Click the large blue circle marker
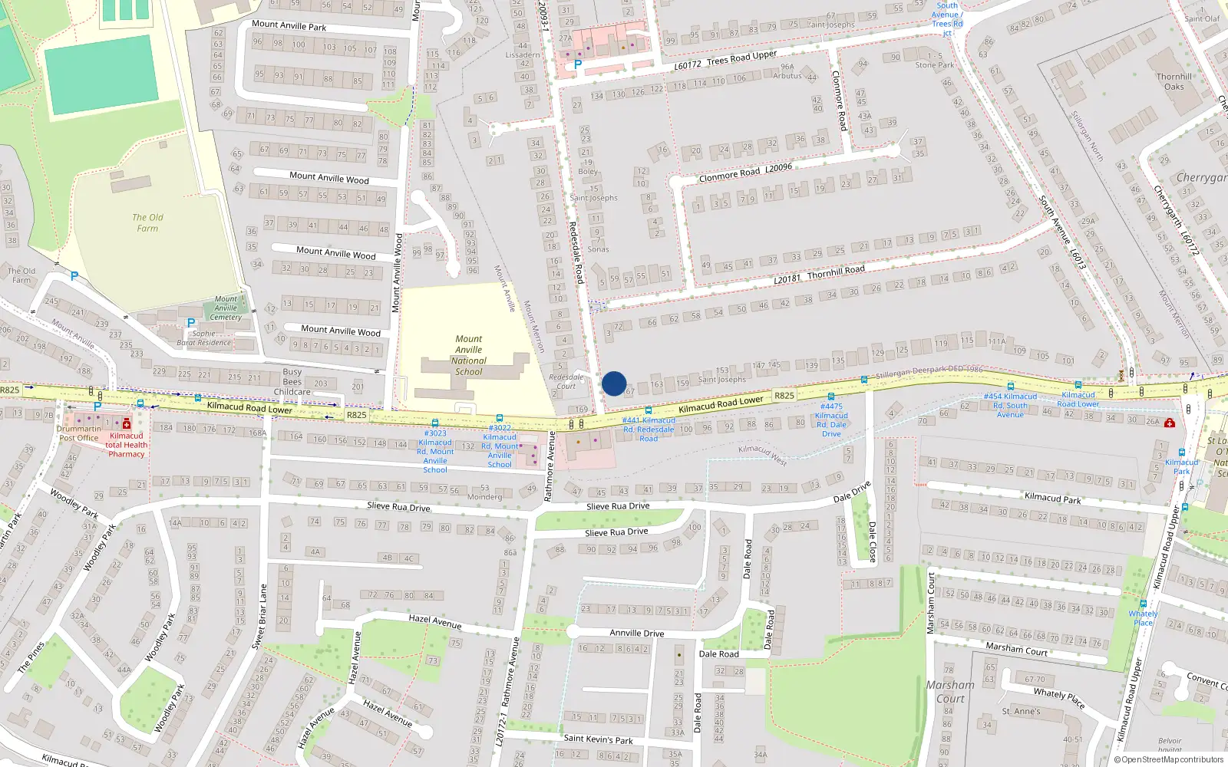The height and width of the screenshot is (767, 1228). click(614, 383)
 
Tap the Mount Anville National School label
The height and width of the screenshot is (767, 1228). click(469, 355)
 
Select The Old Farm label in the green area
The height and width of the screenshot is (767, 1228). click(147, 223)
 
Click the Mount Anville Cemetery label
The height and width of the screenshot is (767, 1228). click(226, 308)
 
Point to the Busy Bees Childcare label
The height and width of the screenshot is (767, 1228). click(292, 381)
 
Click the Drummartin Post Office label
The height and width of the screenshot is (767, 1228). click(79, 433)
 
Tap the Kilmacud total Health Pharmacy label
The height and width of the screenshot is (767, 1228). click(127, 445)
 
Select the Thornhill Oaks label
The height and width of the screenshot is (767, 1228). click(1174, 81)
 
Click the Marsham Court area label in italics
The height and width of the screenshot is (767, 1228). click(950, 691)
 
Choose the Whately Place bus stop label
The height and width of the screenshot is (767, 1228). click(1143, 618)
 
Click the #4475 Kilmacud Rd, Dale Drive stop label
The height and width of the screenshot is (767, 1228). click(832, 420)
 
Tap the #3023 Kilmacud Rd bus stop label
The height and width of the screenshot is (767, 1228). click(435, 451)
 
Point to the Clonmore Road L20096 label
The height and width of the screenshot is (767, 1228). click(744, 173)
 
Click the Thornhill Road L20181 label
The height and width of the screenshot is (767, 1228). click(819, 274)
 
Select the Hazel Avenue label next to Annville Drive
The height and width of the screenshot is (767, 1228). click(435, 621)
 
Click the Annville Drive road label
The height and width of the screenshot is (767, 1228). click(637, 634)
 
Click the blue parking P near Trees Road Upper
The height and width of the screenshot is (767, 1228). click(578, 65)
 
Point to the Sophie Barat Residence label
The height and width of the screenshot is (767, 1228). click(204, 338)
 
